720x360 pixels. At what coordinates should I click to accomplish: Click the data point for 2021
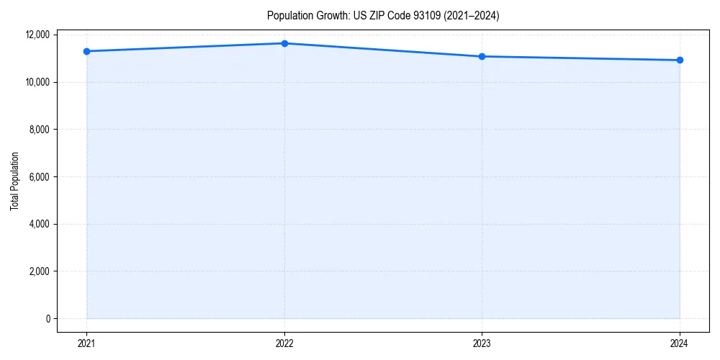86,51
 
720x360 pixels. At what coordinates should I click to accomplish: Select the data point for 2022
284,43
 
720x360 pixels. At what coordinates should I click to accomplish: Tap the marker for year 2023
482,56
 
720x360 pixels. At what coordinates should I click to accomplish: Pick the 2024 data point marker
680,60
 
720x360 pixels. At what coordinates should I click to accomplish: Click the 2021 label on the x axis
86,343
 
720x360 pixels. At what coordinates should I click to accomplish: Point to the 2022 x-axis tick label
284,343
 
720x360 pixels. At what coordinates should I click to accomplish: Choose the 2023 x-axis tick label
482,343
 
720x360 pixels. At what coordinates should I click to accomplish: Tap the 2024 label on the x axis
680,343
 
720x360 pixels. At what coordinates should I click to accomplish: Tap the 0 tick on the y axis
48,319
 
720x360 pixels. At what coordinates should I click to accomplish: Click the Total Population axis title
14,181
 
